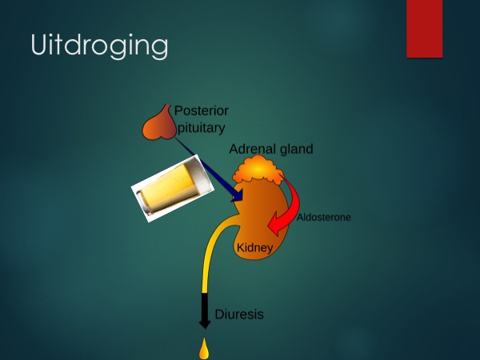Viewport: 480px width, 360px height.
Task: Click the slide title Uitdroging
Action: click(99, 46)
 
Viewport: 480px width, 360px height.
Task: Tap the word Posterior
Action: click(201, 111)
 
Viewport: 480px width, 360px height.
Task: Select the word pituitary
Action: click(201, 128)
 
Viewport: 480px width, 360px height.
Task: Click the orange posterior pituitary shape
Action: click(160, 126)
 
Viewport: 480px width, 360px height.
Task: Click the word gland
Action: click(294, 150)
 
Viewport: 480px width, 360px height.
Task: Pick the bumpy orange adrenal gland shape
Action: click(258, 170)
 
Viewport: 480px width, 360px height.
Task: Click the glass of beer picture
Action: click(172, 188)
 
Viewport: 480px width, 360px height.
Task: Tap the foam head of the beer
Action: click(198, 175)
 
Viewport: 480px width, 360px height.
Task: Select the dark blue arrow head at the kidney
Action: click(238, 195)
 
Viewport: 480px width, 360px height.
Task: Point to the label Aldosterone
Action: click(324, 218)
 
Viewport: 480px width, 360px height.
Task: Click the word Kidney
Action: click(254, 247)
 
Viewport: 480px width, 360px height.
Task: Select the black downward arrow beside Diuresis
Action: click(205, 310)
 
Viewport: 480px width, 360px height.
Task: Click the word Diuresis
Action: click(239, 314)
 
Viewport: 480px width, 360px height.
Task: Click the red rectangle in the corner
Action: click(425, 29)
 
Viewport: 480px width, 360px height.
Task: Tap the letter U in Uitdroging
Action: click(40, 44)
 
